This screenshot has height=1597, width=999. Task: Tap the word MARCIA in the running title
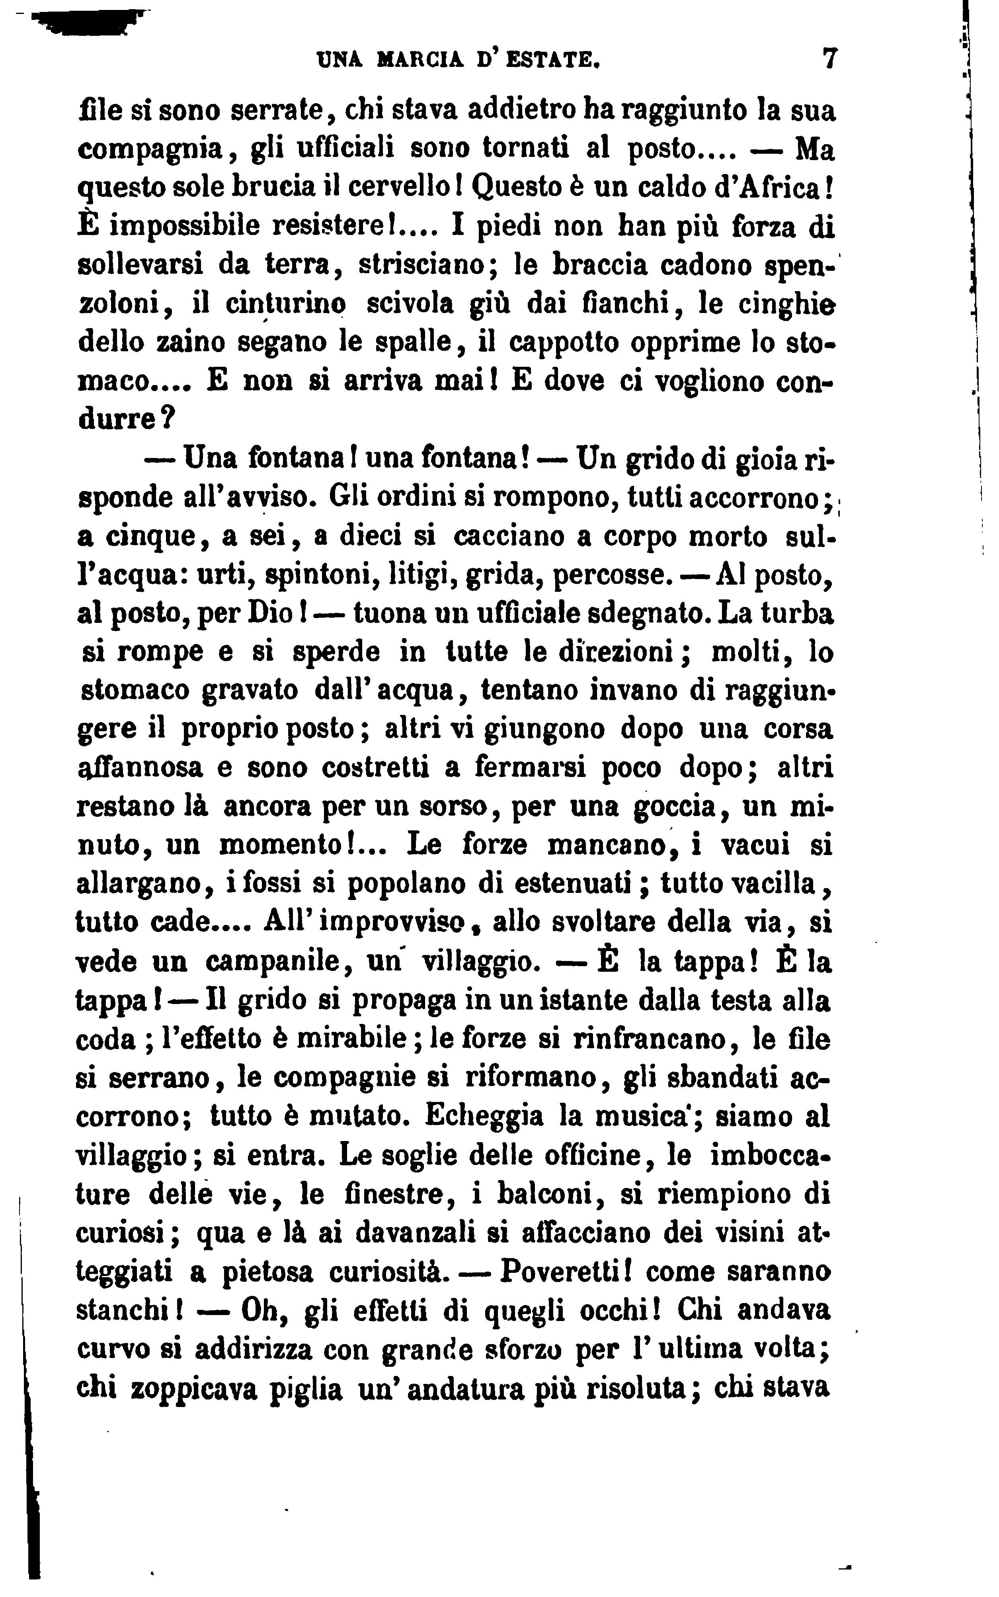click(x=421, y=61)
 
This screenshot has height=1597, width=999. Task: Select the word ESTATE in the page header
click(x=555, y=61)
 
